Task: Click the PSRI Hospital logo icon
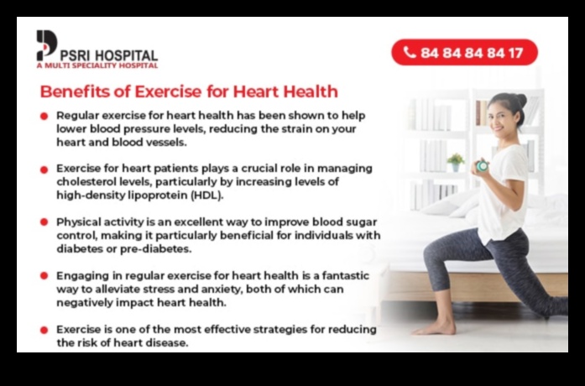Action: (x=46, y=44)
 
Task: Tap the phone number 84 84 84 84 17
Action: (x=472, y=52)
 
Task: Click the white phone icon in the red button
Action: (x=410, y=52)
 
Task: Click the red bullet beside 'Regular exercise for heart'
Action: (x=44, y=116)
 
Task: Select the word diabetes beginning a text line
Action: (x=82, y=248)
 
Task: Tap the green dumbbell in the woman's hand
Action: (x=481, y=166)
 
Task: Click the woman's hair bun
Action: (x=521, y=100)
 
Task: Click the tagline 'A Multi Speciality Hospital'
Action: (x=97, y=65)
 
